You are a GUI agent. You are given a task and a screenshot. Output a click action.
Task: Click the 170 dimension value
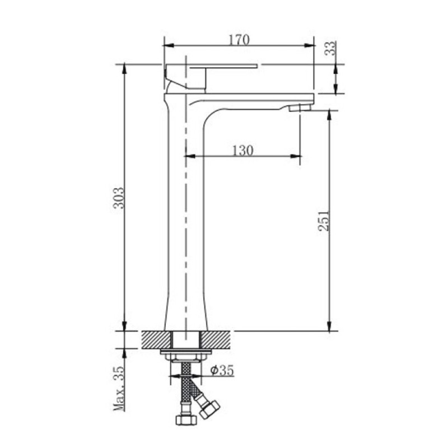(239, 40)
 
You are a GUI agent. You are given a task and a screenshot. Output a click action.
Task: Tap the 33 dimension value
(331, 48)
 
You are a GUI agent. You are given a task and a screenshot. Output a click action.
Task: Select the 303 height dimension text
(119, 198)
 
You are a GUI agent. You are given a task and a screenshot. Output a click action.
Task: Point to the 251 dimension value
(324, 221)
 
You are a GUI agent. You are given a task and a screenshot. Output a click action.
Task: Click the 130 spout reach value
(242, 151)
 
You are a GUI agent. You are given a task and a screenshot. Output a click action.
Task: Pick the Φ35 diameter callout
(222, 371)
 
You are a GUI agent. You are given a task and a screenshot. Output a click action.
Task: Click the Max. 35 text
(119, 389)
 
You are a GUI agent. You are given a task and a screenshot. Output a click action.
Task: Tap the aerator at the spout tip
(300, 108)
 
